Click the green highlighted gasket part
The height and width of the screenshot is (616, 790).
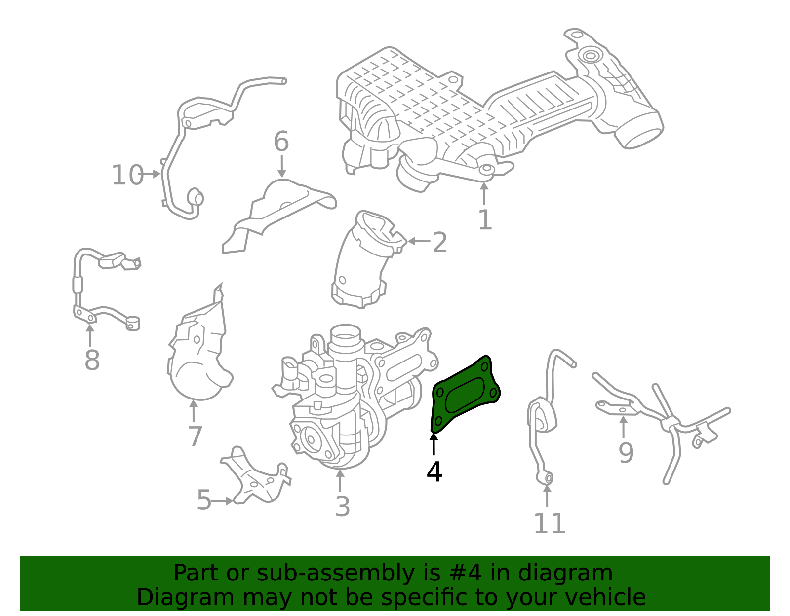click(x=464, y=395)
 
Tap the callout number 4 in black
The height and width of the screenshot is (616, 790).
click(x=434, y=472)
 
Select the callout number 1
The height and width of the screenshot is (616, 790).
click(x=485, y=220)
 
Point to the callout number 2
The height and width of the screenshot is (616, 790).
click(x=439, y=242)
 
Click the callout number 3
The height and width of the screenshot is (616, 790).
click(x=342, y=507)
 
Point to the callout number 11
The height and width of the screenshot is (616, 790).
click(x=549, y=524)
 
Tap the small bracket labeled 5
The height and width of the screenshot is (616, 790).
click(x=257, y=478)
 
